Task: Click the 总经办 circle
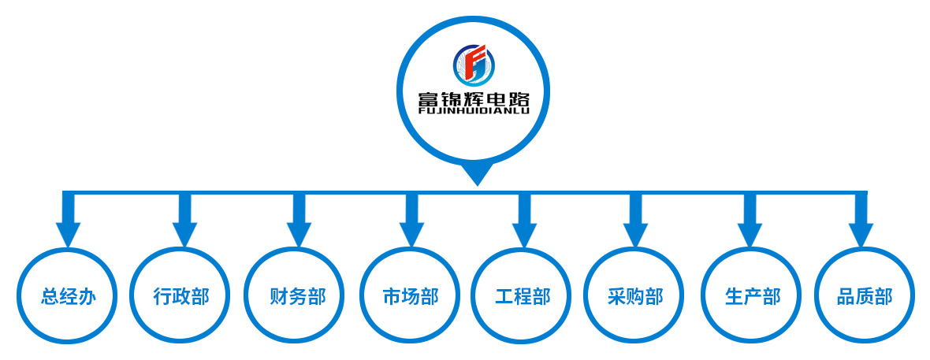[x=69, y=296]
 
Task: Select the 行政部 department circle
[x=181, y=296]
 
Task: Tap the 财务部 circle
[x=296, y=296]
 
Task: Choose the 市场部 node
[x=410, y=296]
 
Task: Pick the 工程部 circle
[x=523, y=296]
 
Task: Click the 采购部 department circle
[x=635, y=296]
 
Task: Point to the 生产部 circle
[x=752, y=296]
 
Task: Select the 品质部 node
[x=865, y=296]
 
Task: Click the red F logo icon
[x=474, y=65]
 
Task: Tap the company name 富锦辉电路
[x=474, y=99]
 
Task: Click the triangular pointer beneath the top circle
[x=476, y=174]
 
